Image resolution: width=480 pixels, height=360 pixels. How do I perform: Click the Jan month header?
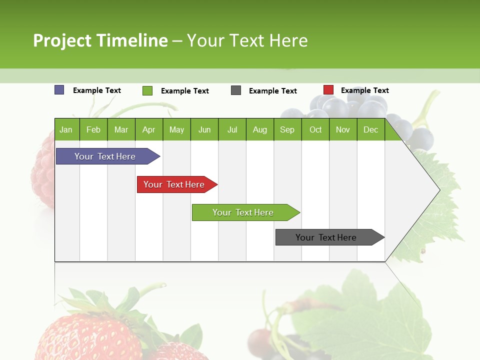[66, 129]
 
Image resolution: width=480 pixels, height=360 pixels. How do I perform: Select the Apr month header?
[148, 129]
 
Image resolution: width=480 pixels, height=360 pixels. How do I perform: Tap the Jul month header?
[232, 129]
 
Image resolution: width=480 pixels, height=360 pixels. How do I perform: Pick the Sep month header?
[287, 129]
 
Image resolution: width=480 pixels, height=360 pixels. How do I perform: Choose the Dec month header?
[370, 129]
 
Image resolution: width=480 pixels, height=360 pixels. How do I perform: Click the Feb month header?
[93, 129]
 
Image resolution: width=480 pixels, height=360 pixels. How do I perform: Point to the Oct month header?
[315, 129]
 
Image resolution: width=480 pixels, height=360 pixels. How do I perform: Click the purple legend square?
[59, 90]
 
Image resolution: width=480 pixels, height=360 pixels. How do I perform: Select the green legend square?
[147, 90]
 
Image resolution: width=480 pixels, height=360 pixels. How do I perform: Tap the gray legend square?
[236, 90]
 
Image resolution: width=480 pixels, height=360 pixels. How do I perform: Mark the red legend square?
[328, 90]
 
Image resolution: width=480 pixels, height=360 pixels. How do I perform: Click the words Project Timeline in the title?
[100, 40]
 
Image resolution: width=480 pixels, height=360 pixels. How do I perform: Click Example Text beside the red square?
[364, 90]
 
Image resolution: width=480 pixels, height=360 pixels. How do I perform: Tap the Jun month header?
[204, 129]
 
